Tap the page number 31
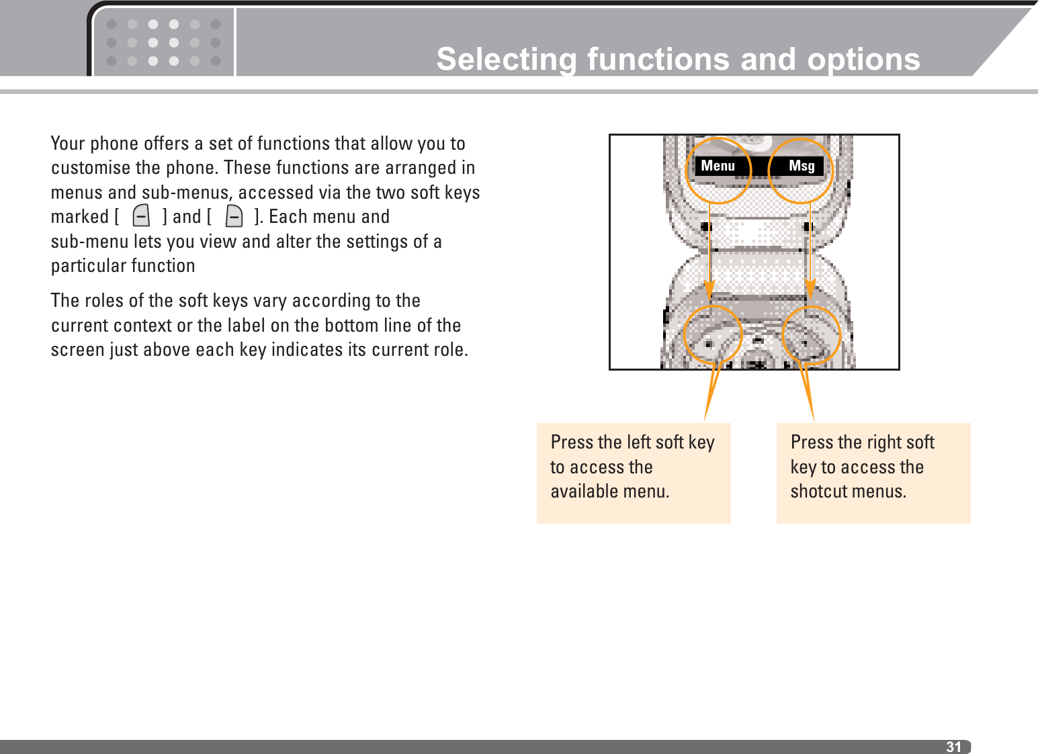[x=953, y=747]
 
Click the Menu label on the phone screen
[x=718, y=166]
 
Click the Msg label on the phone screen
[x=802, y=166]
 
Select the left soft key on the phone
[x=712, y=335]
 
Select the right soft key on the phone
[x=812, y=335]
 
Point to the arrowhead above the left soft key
[x=710, y=289]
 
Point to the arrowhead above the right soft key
[x=810, y=289]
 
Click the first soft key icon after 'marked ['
[x=141, y=216]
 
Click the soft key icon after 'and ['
[x=234, y=216]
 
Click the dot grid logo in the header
[x=163, y=42]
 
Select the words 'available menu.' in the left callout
[x=610, y=491]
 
